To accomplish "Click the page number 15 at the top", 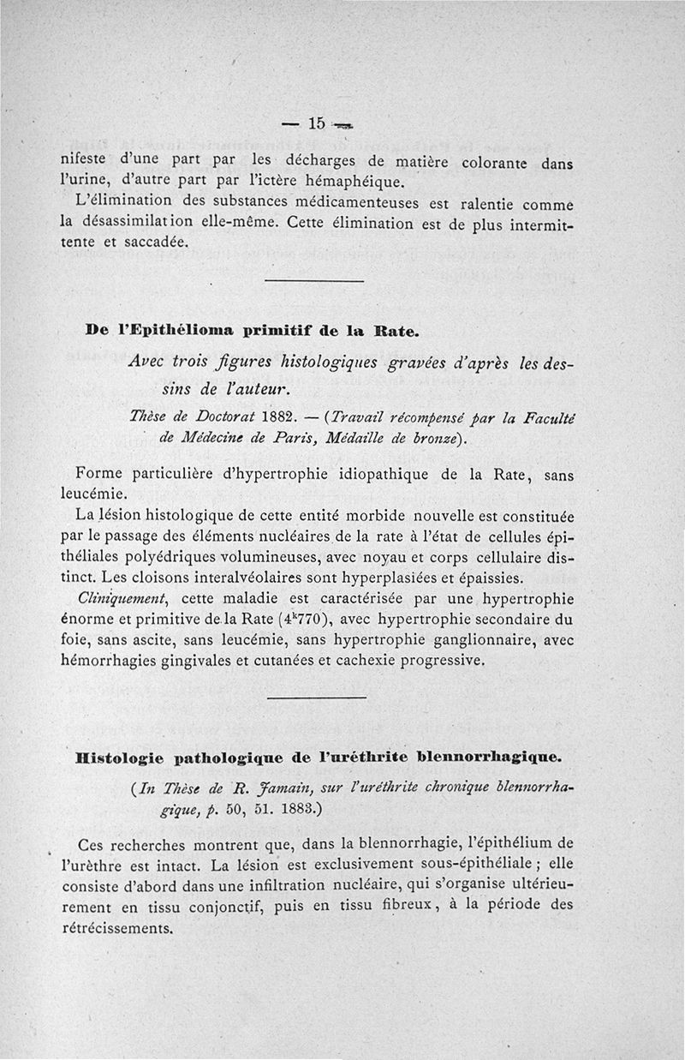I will pos(316,123).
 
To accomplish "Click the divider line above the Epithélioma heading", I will pos(314,282).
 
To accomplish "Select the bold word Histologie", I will pos(119,758).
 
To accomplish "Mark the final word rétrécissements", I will pos(118,927).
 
